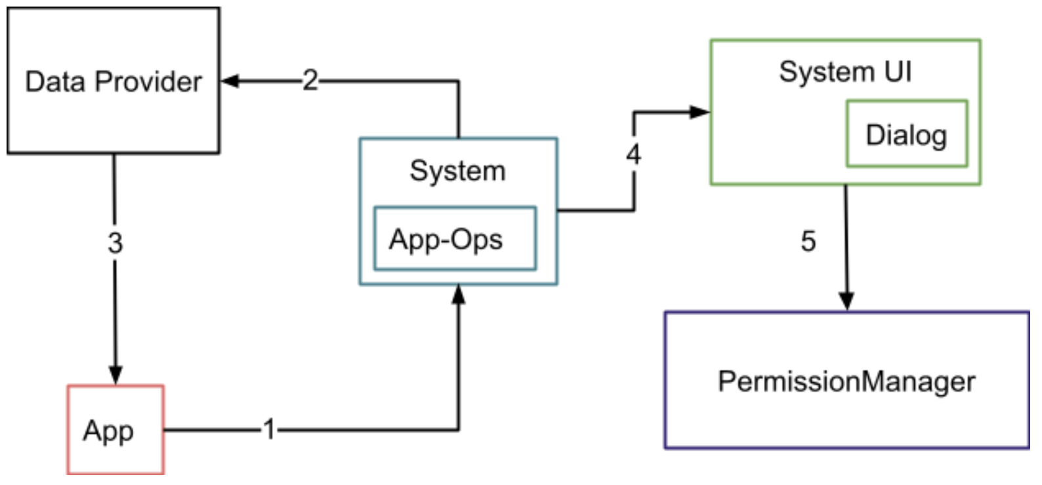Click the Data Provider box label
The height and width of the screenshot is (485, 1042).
113,82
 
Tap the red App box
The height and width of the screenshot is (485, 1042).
115,430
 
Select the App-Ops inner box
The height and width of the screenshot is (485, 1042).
455,239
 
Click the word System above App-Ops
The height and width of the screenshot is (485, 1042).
457,171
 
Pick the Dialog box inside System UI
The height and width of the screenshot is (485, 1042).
906,134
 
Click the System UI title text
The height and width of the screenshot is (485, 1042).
845,71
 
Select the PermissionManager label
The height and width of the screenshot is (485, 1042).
846,381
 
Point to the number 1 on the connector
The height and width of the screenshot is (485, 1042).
269,430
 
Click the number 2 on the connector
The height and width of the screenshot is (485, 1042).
310,81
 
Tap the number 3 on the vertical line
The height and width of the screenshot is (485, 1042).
115,243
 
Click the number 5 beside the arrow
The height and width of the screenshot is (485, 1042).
808,241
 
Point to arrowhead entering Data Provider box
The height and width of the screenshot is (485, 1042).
228,81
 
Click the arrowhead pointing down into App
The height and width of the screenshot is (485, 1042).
115,376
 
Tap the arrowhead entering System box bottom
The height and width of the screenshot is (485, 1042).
459,294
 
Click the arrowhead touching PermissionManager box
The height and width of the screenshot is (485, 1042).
846,301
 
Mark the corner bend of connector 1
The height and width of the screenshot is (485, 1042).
459,430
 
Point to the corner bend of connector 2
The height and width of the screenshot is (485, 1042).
459,81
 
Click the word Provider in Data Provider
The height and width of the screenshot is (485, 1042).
148,82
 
